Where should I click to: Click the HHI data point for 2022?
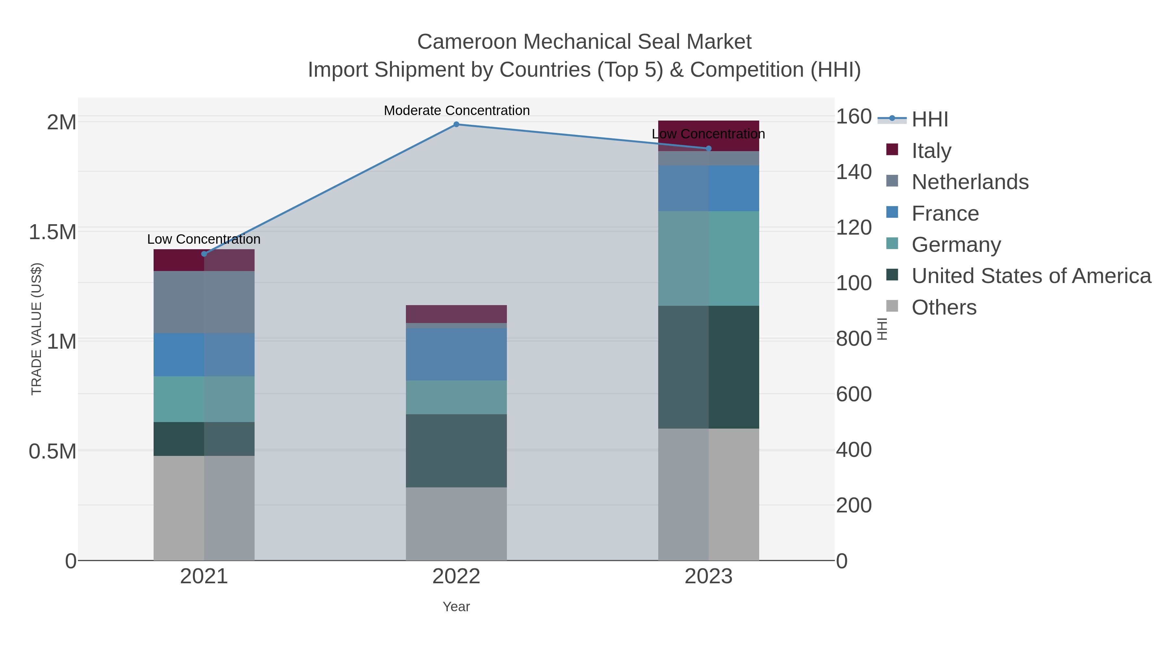[x=457, y=124]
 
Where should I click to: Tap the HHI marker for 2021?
[x=204, y=254]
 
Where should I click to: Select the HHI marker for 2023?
[x=709, y=148]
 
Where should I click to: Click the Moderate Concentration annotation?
[x=457, y=110]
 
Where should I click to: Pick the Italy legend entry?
[x=931, y=150]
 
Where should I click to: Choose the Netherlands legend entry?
[x=970, y=182]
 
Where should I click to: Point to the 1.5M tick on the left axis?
[x=52, y=232]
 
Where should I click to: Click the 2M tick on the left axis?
[x=61, y=122]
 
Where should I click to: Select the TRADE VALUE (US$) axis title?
[x=36, y=329]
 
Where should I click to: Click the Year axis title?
[x=456, y=607]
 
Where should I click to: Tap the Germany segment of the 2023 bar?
[x=709, y=258]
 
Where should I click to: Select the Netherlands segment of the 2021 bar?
[x=204, y=302]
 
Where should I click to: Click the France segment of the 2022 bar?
[x=456, y=354]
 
